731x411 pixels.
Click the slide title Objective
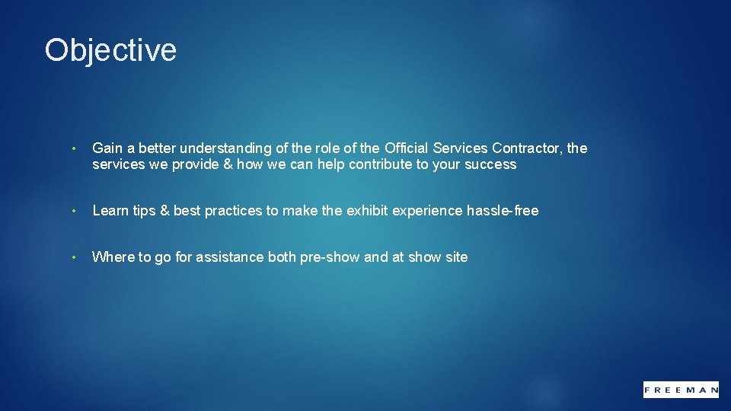tap(110, 51)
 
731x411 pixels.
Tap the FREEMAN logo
tap(681, 389)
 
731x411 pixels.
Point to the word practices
tap(233, 211)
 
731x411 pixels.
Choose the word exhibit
tap(367, 211)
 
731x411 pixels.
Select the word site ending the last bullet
tap(456, 257)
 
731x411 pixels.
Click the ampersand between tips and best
tap(164, 211)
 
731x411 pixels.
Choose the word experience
tap(426, 211)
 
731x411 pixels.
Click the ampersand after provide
tap(226, 164)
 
